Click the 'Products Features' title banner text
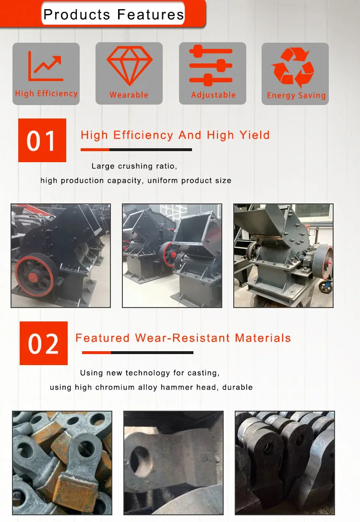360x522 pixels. (114, 14)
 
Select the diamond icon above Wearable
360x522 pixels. (129, 65)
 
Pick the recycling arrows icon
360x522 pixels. (293, 67)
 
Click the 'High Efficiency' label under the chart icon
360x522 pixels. (46, 94)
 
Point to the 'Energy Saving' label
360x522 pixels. (296, 95)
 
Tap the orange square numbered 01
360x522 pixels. (42, 140)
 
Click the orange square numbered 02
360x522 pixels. (44, 343)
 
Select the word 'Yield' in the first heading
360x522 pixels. (254, 135)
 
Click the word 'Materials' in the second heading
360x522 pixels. (263, 338)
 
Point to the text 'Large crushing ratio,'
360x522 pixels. (134, 166)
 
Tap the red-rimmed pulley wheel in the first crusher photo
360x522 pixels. (35, 275)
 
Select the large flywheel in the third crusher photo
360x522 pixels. (323, 261)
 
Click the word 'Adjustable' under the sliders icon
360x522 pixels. (214, 95)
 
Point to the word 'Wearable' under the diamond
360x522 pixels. (129, 95)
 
